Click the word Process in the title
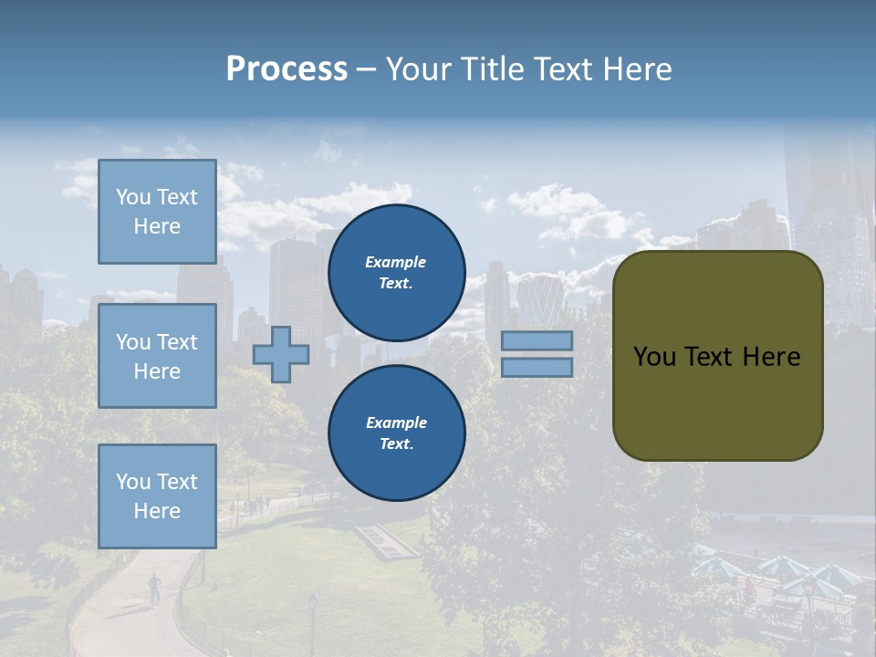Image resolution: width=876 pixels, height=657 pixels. click(287, 69)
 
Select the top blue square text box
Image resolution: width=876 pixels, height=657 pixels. click(157, 212)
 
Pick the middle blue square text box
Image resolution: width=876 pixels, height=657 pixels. click(157, 356)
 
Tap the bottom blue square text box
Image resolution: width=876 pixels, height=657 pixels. click(157, 496)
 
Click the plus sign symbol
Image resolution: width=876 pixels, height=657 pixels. click(281, 354)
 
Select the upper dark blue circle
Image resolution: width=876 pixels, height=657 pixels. click(396, 273)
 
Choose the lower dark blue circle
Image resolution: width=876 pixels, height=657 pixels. click(396, 433)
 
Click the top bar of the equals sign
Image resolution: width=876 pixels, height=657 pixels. click(537, 341)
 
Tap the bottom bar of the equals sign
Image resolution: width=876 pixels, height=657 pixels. click(537, 368)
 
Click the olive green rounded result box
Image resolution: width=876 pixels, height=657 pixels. click(717, 356)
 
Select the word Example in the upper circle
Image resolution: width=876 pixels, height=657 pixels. click(396, 262)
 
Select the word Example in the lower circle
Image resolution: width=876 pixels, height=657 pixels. click(396, 422)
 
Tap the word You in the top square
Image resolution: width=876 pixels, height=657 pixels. click(133, 197)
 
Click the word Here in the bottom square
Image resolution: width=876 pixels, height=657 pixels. click(157, 511)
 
